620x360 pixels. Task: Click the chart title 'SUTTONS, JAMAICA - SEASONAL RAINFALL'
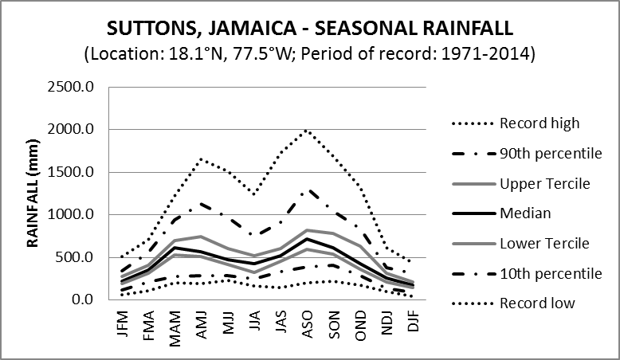310,29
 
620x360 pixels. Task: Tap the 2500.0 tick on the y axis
74,87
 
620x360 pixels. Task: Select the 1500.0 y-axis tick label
74,172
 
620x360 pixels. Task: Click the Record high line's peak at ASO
307,131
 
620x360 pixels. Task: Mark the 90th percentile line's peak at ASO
308,190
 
